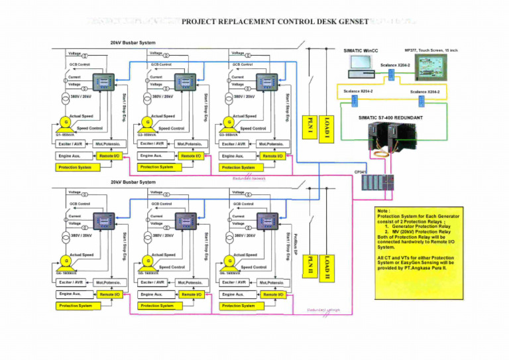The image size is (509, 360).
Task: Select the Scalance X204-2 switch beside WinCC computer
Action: click(391, 74)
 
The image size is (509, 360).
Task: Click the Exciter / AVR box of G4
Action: click(71, 282)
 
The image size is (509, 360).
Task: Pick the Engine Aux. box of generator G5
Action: click(152, 294)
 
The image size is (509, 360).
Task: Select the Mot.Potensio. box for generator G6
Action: click(271, 282)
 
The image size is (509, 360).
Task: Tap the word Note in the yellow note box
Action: click(384, 210)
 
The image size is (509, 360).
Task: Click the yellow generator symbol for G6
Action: click(229, 261)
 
